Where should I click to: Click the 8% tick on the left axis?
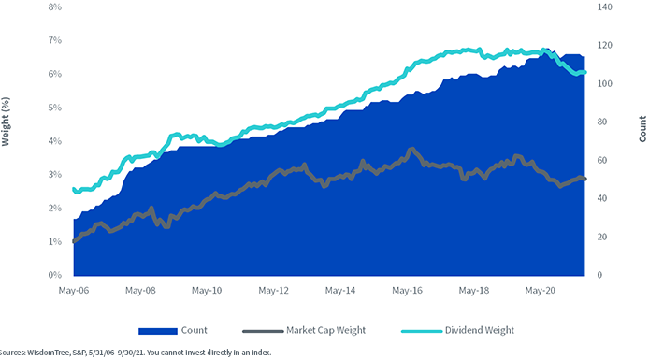55,7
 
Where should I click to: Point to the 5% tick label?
55,108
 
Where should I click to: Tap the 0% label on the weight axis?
55,275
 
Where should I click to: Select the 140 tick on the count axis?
605,7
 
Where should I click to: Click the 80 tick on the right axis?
602,122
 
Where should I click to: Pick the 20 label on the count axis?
602,237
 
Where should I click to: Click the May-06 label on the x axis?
74,291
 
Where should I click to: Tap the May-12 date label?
274,291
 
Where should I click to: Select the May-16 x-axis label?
408,291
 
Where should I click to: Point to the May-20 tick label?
541,291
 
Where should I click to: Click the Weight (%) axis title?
6,122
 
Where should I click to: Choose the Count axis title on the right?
642,129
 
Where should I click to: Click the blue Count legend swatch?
158,331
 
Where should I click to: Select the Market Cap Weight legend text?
325,330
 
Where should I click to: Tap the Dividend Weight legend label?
480,330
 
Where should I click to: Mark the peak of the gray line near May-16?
411,149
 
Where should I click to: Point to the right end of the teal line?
584,72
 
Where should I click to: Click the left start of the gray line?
74,241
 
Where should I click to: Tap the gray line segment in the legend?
263,331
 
